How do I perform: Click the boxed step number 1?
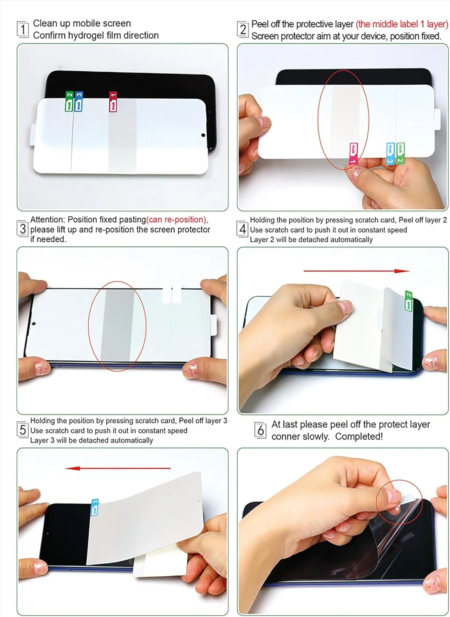pos(23,29)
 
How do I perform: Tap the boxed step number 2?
pos(243,29)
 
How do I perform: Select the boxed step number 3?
pos(23,228)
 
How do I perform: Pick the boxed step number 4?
pos(243,228)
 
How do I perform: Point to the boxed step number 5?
pos(23,430)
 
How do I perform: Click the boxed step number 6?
pos(261,430)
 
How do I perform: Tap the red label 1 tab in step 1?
pos(113,102)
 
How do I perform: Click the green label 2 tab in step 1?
pos(69,101)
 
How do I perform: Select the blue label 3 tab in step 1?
pos(79,101)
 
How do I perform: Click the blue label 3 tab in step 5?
pos(95,507)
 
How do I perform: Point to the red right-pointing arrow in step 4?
pos(356,271)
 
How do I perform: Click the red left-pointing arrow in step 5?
pos(118,468)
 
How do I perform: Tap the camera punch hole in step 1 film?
pos(203,135)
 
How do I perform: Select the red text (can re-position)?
pos(177,220)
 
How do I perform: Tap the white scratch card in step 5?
pos(159,561)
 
